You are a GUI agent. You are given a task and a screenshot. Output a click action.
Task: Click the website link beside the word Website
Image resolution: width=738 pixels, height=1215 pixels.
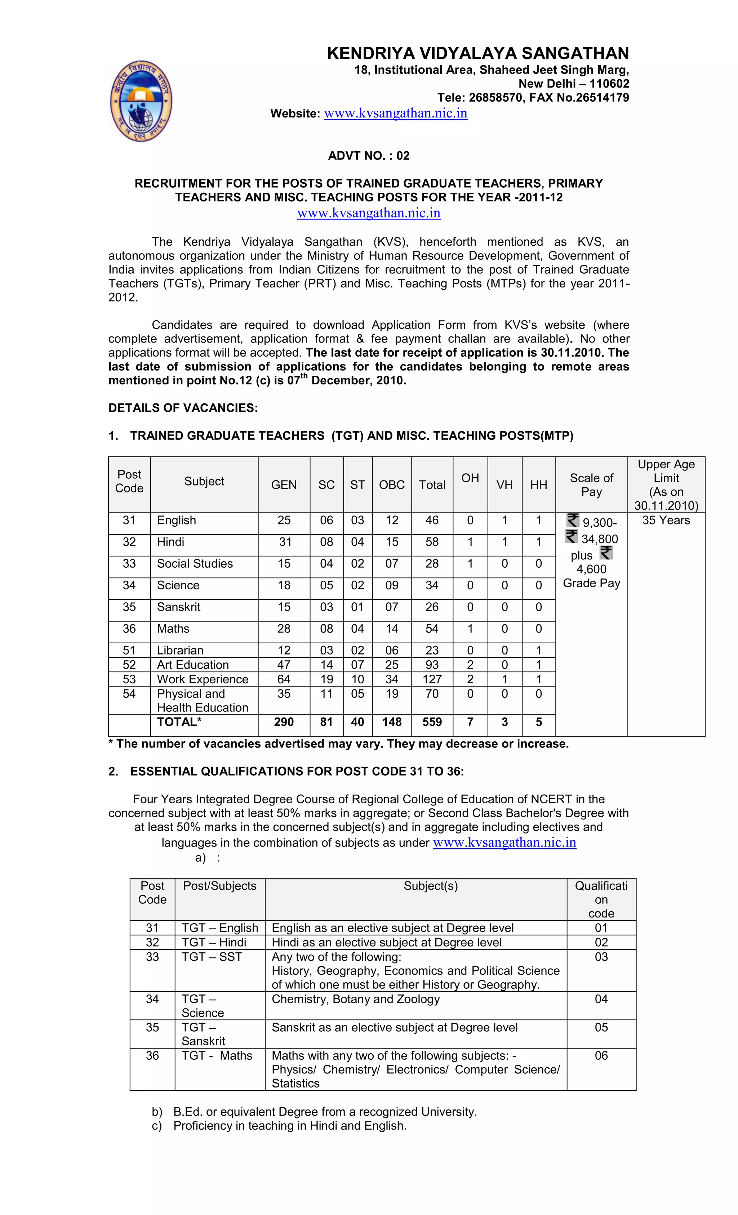[395, 113]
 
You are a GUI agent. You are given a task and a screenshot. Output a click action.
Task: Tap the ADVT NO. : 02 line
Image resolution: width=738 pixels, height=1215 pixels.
[369, 156]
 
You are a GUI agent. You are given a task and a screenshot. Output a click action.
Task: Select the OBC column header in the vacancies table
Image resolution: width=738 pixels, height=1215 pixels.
[392, 485]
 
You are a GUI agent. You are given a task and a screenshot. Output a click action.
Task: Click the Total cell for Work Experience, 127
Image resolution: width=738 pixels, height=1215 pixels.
[432, 679]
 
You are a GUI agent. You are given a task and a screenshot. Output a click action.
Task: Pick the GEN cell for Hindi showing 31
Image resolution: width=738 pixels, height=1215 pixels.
[285, 542]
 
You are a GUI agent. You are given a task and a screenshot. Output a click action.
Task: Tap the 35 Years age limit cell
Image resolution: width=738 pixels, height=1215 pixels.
[666, 520]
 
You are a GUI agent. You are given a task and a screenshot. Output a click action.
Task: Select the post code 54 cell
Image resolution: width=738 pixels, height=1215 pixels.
[129, 694]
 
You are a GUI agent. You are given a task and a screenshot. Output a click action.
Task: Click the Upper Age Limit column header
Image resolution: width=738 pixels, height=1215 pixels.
[666, 485]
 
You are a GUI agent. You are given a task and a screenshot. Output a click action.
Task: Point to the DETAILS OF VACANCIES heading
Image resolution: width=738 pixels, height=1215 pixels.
[183, 408]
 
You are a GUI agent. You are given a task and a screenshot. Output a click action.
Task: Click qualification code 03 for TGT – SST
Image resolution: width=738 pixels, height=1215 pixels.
[601, 957]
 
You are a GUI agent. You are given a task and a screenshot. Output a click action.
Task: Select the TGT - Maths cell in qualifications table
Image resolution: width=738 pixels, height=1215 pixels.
[217, 1056]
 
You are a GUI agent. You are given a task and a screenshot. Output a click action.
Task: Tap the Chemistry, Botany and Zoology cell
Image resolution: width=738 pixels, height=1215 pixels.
[355, 999]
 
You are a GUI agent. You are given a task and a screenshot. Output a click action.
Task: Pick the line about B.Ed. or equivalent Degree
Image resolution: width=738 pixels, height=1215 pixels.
[325, 1112]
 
